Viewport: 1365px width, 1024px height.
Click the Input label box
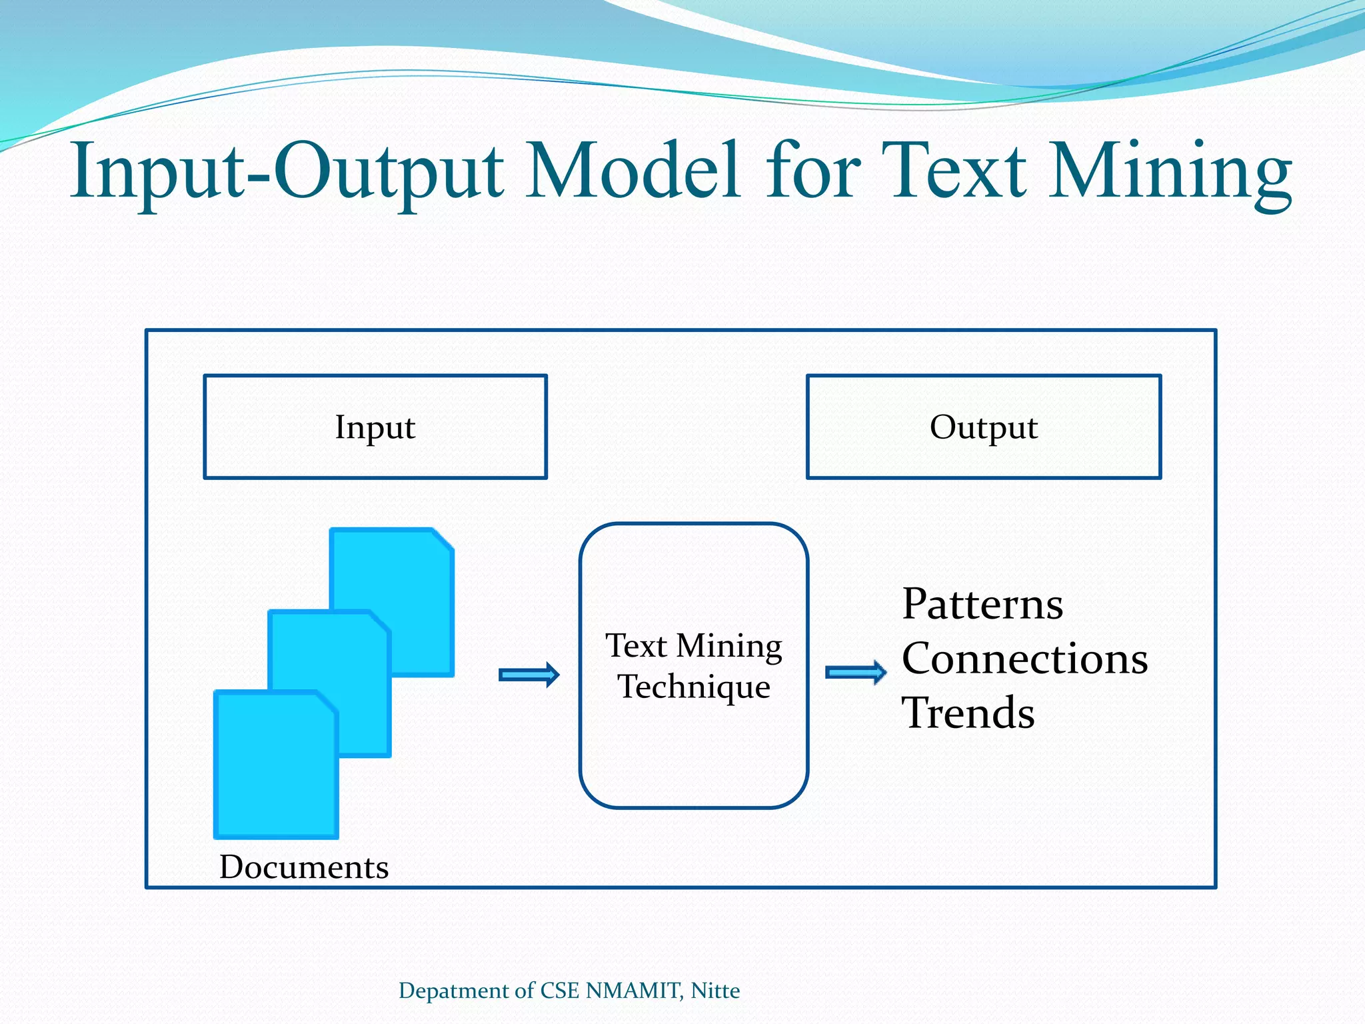(375, 427)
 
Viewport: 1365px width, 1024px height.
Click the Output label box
(984, 427)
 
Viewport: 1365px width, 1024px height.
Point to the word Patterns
(982, 604)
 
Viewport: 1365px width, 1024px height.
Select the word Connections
(1024, 659)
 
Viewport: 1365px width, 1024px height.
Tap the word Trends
(968, 713)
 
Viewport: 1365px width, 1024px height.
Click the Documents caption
(304, 867)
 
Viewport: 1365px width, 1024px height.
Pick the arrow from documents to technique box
(529, 675)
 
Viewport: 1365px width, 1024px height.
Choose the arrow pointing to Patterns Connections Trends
(856, 672)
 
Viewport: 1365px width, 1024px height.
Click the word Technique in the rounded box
(694, 687)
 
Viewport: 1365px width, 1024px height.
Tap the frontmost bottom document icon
(275, 767)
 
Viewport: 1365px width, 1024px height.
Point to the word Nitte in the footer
(715, 991)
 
